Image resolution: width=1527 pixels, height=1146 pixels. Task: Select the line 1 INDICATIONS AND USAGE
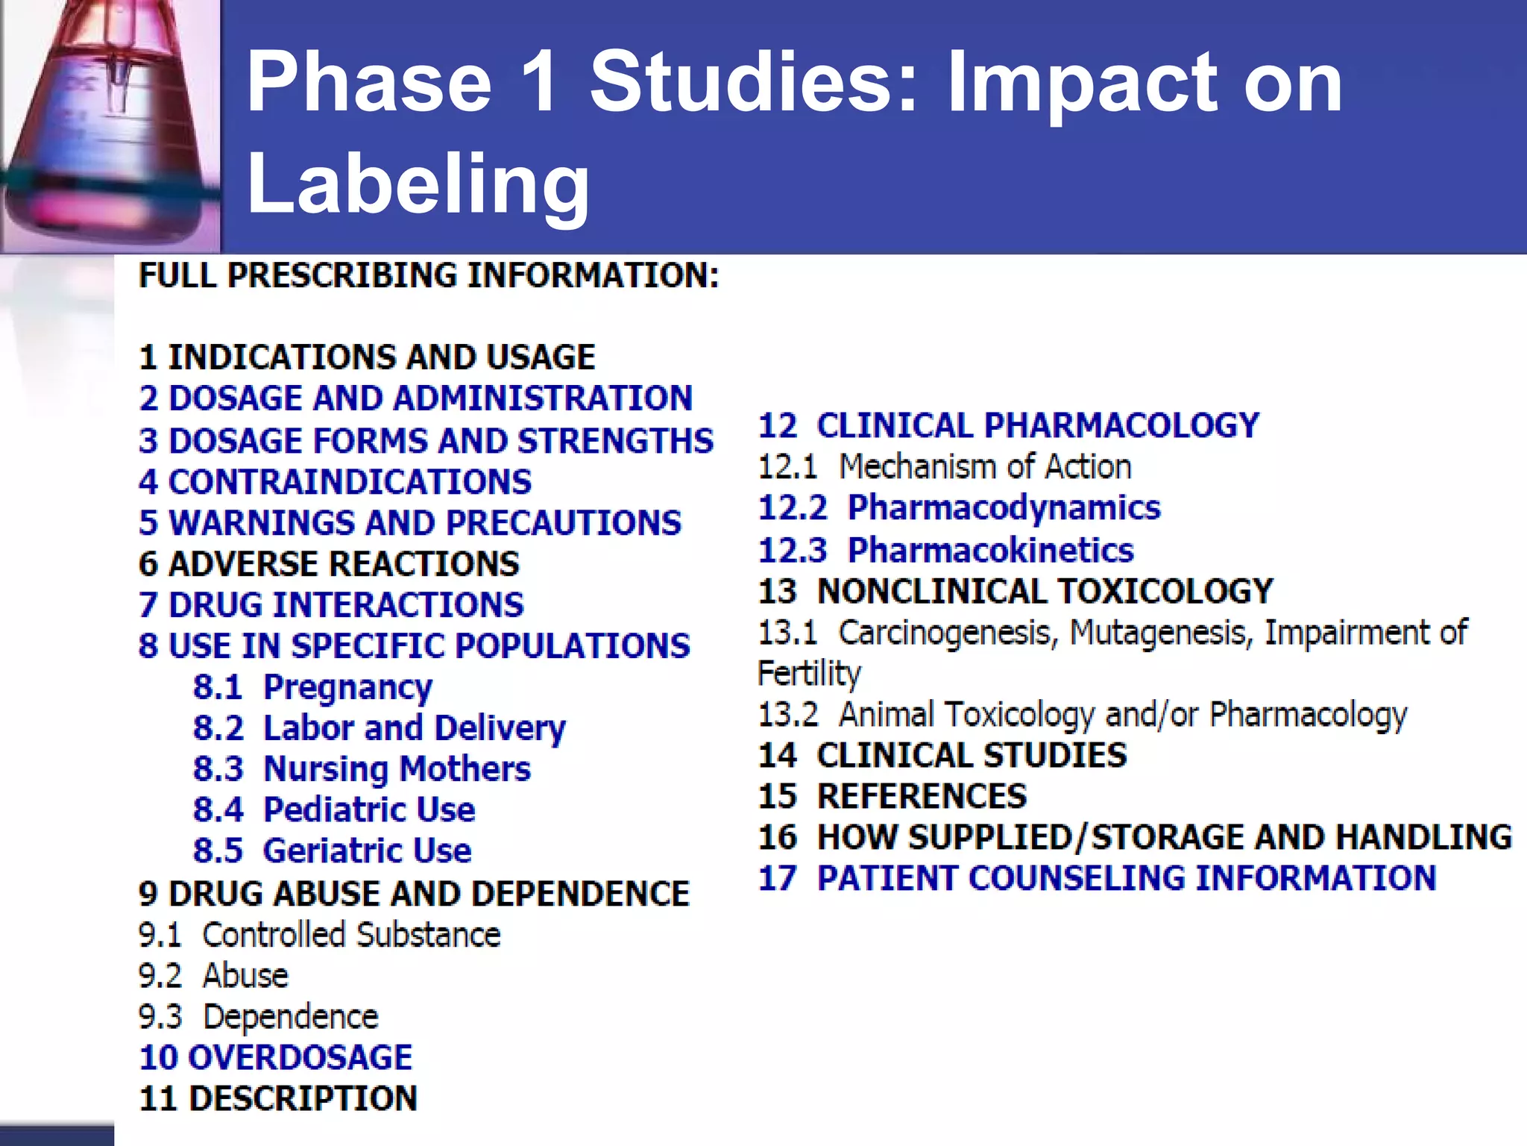367,357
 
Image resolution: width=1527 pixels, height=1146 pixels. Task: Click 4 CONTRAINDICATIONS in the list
335,481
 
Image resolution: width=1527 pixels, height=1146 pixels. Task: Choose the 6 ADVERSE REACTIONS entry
329,563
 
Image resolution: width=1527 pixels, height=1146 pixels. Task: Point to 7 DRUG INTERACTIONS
331,604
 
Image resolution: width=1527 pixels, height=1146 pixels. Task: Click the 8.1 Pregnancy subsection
312,687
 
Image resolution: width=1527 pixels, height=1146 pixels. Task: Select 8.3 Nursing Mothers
362,768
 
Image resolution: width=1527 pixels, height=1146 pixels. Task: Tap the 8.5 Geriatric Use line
332,851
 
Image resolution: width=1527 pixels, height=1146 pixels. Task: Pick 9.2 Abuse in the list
213,975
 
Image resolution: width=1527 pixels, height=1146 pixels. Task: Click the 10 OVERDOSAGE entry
276,1057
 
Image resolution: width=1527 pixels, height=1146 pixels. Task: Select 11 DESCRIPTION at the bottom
278,1098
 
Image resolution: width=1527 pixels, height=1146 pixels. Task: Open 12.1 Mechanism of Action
945,467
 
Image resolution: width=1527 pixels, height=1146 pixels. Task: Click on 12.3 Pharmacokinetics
945,550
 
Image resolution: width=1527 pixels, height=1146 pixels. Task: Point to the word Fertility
809,673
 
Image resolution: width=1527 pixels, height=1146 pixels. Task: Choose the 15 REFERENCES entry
892,796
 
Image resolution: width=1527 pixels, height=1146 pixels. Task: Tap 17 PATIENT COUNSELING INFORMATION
1097,878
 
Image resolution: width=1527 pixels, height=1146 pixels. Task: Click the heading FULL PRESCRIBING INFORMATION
429,275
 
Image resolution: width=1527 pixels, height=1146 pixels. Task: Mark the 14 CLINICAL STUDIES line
942,755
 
